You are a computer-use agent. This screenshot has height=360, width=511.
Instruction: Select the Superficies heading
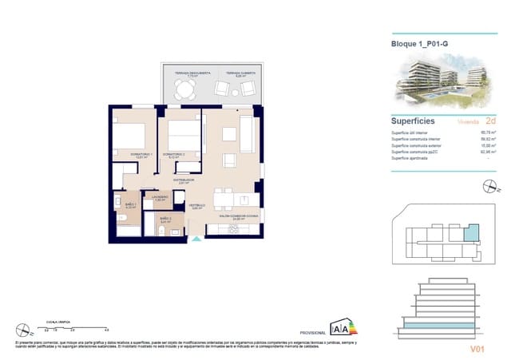point(413,121)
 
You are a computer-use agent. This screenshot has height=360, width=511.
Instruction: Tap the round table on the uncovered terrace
point(186,89)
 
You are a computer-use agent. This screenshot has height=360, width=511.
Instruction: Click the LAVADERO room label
point(160,198)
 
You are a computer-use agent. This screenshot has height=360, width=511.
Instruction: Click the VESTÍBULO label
point(197,206)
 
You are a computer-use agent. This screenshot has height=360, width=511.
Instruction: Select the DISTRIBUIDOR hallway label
point(185,180)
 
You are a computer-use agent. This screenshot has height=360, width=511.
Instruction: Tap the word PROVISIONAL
point(311,332)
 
